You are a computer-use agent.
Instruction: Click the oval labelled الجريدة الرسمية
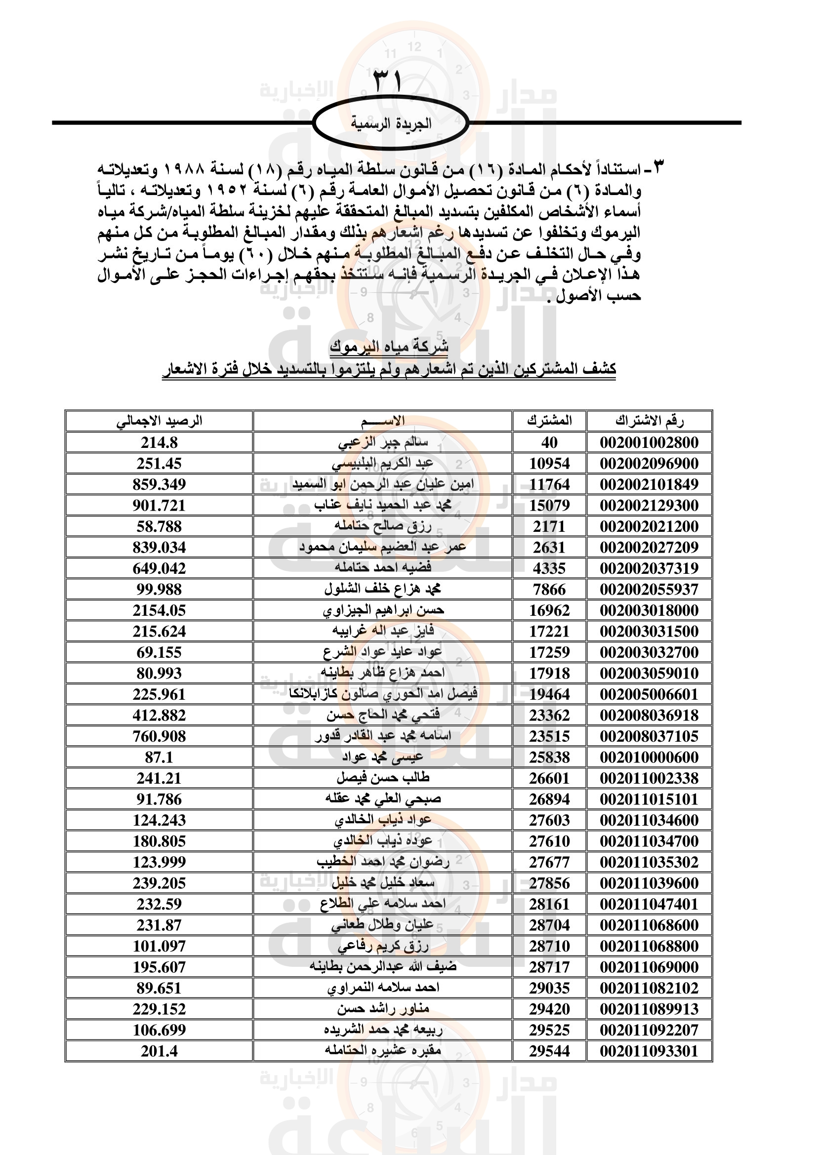(x=391, y=123)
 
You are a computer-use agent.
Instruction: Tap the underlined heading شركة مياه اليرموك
(x=389, y=347)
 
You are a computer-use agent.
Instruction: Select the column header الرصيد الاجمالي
(x=159, y=421)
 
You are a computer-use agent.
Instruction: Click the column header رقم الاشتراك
(x=649, y=421)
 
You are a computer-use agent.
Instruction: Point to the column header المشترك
(x=549, y=421)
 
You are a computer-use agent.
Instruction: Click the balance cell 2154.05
(x=159, y=610)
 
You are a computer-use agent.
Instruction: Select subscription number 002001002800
(x=649, y=442)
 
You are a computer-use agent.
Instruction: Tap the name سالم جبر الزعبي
(x=383, y=442)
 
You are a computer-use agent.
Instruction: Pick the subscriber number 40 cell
(x=549, y=442)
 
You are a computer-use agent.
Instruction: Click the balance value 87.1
(x=159, y=757)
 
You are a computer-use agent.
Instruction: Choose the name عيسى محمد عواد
(x=383, y=757)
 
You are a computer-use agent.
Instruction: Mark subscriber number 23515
(x=549, y=736)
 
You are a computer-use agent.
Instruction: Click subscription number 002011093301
(x=649, y=1051)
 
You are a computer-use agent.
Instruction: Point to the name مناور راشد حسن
(x=383, y=1009)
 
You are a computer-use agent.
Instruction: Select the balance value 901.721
(x=159, y=506)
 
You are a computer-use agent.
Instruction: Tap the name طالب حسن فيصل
(x=383, y=778)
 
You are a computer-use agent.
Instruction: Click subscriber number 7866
(x=549, y=590)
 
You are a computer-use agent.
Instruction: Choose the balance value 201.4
(x=159, y=1051)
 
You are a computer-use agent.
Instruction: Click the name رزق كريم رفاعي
(x=383, y=946)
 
